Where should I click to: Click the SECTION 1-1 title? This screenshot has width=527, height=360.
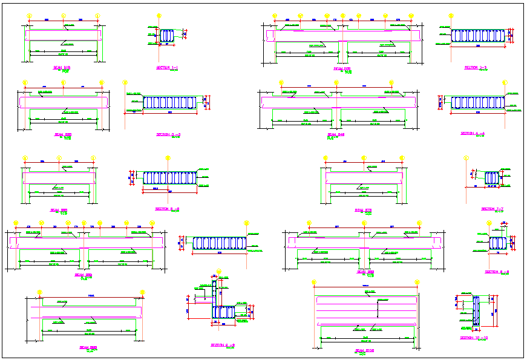point(167,67)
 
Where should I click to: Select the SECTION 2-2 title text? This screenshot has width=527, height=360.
point(476,67)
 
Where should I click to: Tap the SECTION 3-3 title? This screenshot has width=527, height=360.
point(168,134)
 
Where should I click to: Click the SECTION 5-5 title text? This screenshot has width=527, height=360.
point(168,209)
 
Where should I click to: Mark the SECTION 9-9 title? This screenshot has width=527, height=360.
point(223,345)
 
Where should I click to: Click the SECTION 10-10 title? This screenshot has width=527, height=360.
point(474,338)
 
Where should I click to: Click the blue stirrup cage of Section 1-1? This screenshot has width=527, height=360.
point(167,36)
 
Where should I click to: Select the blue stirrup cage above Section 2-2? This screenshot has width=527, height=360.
point(478,36)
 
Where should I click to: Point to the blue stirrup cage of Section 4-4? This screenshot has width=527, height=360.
point(477,102)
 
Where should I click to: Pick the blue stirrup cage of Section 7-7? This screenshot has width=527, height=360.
point(491,177)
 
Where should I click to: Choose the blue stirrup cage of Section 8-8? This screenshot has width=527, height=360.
point(497,243)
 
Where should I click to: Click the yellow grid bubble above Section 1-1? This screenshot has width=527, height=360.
point(159,16)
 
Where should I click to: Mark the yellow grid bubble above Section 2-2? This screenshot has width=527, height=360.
point(450,17)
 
